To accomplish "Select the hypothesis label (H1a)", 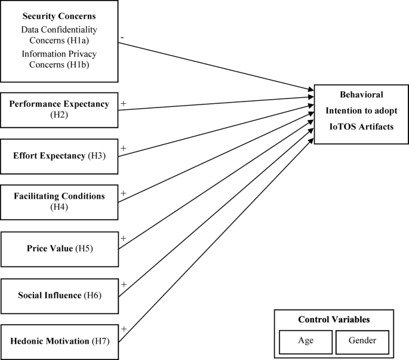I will pyautogui.click(x=87, y=39).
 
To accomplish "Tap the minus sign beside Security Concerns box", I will pyautogui.click(x=122, y=37).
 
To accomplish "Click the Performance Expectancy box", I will pyautogui.click(x=59, y=109).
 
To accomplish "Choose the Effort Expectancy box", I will pyautogui.click(x=59, y=156).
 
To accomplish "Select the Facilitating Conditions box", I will pyautogui.click(x=59, y=202).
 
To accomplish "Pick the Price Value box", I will pyautogui.click(x=59, y=248).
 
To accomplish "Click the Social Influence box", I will pyautogui.click(x=59, y=295).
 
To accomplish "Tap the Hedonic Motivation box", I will pyautogui.click(x=59, y=341).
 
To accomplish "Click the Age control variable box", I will pyautogui.click(x=305, y=341).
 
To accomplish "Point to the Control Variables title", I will pyautogui.click(x=334, y=319).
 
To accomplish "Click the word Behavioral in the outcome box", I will pyautogui.click(x=361, y=94).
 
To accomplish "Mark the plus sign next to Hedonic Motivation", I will pyautogui.click(x=124, y=329).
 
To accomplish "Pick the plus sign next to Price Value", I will pyautogui.click(x=124, y=238).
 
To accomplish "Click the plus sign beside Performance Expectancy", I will pyautogui.click(x=124, y=103).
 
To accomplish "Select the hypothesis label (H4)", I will pyautogui.click(x=59, y=207).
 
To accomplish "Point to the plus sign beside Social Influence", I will pyautogui.click(x=124, y=285).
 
